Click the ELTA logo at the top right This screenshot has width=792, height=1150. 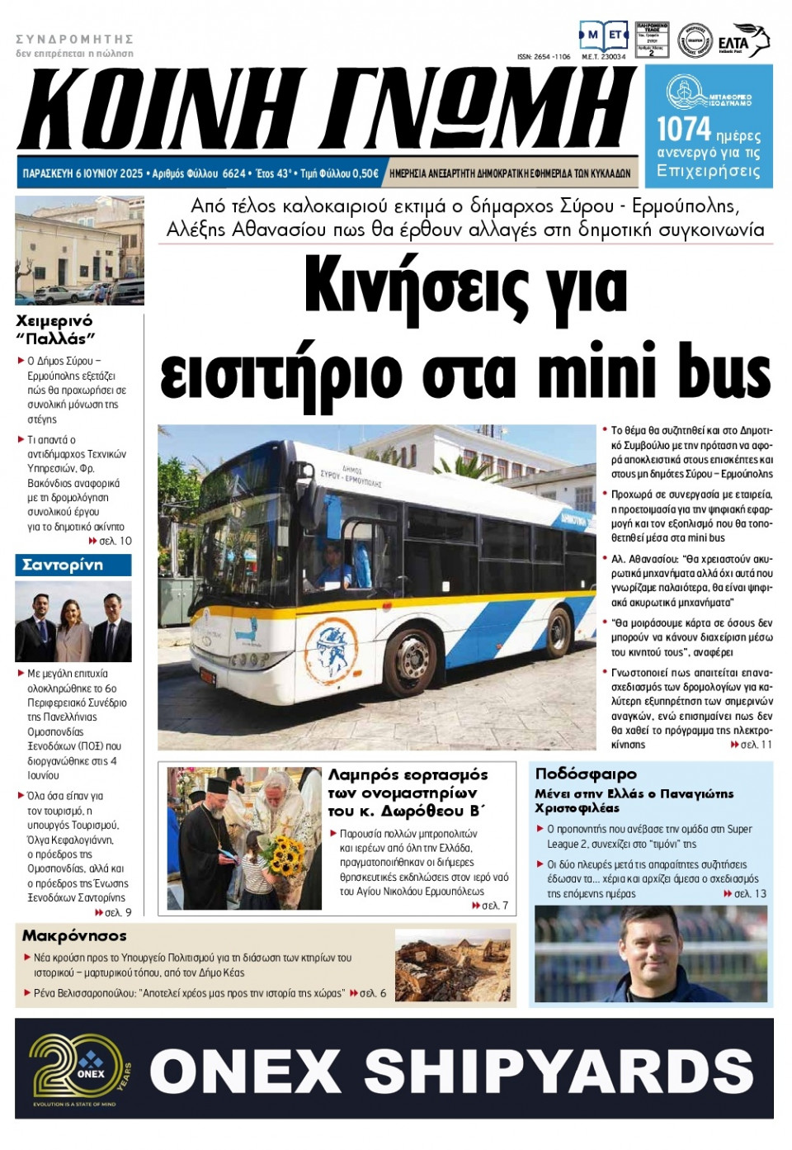[742, 41]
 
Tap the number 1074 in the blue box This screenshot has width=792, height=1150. [683, 130]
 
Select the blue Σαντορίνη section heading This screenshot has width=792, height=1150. [73, 565]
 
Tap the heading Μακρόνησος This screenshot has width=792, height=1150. [74, 935]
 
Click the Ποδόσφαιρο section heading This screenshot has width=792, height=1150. [586, 774]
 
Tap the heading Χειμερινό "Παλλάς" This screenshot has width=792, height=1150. [55, 329]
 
